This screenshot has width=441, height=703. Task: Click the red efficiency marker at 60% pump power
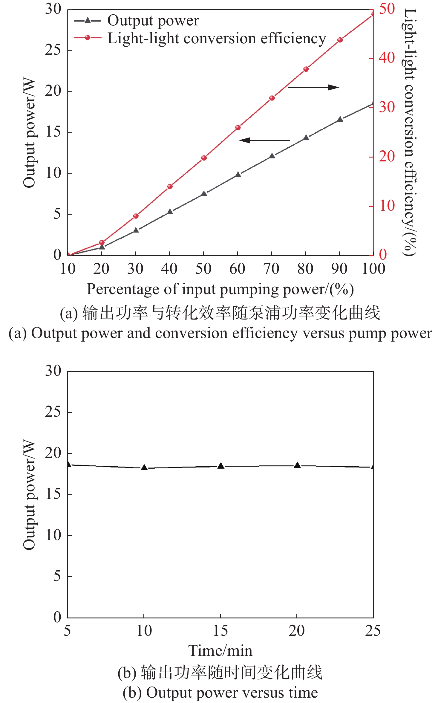238,128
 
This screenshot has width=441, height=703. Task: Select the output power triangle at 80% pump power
306,138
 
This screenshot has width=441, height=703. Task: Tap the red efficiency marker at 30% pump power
136,216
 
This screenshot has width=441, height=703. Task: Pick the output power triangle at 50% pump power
204,194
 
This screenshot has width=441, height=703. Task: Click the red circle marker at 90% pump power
340,40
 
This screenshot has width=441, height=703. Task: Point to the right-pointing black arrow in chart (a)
314,87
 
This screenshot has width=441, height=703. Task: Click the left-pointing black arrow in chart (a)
264,140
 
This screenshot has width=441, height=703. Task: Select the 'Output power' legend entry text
153,21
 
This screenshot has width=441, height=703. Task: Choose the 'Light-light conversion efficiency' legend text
217,39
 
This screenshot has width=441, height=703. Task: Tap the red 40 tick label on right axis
387,58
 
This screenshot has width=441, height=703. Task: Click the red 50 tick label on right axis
387,9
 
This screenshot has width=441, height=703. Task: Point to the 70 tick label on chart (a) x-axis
271,269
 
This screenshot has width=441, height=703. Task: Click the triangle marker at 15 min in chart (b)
221,466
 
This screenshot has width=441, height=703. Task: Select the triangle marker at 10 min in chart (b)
144,467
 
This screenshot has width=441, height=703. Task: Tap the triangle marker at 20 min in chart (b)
297,465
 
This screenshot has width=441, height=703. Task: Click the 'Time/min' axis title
220,650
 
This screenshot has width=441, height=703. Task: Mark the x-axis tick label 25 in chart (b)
373,631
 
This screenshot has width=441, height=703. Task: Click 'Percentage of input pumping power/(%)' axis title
220,289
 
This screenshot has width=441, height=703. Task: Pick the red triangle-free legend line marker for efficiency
87,38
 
